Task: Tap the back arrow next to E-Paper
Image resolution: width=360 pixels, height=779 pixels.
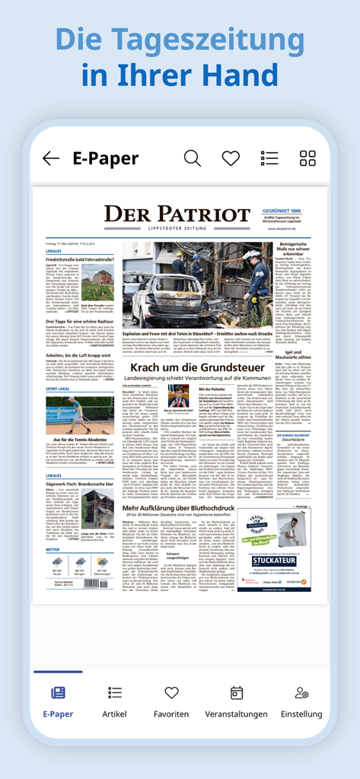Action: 51,158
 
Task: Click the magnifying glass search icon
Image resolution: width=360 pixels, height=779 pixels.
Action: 193,158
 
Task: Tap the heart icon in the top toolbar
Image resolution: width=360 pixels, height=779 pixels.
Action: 231,158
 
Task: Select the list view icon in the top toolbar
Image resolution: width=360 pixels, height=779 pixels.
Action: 269,158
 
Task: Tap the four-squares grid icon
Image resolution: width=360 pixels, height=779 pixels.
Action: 307,158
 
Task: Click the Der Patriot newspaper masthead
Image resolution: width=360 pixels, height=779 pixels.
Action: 177,216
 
